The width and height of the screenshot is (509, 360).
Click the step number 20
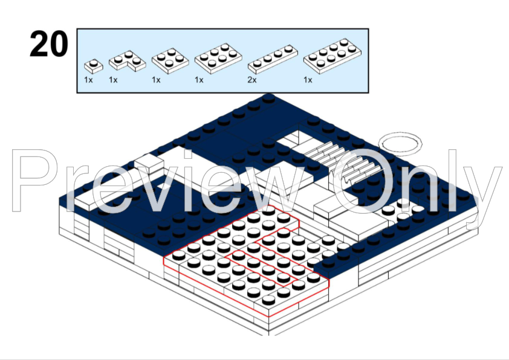pos(49,43)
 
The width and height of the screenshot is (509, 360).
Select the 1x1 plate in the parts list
pos(94,66)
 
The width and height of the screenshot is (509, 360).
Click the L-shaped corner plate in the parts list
pos(127,60)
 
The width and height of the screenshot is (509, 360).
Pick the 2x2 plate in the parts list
pos(170,60)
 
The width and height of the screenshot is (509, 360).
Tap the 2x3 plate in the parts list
pos(218,59)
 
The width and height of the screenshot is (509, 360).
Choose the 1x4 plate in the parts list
pos(273,59)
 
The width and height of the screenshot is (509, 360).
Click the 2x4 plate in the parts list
pos(332,56)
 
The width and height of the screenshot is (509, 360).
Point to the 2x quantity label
pos(252,80)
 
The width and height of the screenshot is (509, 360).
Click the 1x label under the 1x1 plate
pos(88,80)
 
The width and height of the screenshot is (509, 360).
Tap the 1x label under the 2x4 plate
pos(308,80)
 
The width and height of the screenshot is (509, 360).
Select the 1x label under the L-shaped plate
pos(113,80)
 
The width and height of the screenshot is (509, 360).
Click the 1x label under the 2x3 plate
pos(199,80)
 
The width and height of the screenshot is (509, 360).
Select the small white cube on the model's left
pos(149,163)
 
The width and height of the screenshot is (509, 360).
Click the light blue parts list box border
pos(222,29)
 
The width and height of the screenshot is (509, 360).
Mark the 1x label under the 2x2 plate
pos(156,80)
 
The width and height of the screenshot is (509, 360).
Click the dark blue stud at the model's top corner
pos(268,98)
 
